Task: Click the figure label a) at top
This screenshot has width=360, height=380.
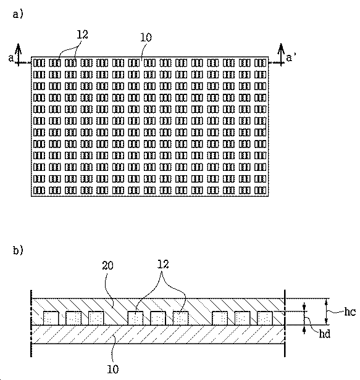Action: coord(18,14)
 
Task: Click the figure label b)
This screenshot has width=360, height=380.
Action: coord(18,250)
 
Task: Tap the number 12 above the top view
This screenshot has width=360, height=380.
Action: coord(83,35)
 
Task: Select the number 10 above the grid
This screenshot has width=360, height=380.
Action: coord(146,38)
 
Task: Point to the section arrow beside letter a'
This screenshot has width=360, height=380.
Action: coord(281,55)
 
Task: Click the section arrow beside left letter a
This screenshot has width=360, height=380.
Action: coord(18,55)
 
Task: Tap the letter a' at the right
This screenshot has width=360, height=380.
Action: coord(291,57)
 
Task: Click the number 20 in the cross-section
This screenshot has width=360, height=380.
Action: coord(107,266)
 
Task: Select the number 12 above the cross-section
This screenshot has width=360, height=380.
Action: coord(163,264)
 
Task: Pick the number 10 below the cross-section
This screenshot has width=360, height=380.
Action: coord(113,369)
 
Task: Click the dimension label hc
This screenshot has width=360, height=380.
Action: coord(350,312)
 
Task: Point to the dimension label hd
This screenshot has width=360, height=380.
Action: coord(325,334)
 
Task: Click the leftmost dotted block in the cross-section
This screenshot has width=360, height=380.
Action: coord(51,318)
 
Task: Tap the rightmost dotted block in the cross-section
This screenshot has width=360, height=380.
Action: coord(265,318)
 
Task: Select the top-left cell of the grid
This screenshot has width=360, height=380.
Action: coord(39,63)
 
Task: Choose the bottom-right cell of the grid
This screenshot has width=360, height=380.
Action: coord(261,190)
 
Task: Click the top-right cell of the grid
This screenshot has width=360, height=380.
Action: coord(261,63)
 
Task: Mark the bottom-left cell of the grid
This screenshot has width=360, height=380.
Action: coord(39,190)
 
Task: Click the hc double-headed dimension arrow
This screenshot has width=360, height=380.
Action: coord(327,312)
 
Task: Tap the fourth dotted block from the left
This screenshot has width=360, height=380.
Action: coord(135,318)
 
